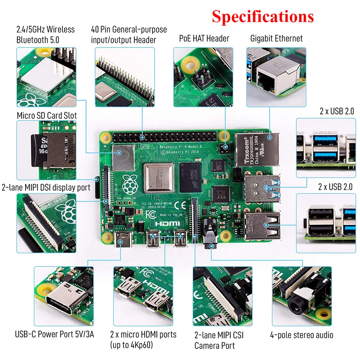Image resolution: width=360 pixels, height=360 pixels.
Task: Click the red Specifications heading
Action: (x=262, y=17)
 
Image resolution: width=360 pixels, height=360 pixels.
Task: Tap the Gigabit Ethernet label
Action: (x=276, y=39)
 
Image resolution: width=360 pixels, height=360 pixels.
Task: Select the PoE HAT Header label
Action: (x=204, y=39)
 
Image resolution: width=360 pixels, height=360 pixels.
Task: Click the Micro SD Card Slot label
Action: (x=47, y=116)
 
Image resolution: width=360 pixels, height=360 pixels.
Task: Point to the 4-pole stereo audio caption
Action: (x=302, y=335)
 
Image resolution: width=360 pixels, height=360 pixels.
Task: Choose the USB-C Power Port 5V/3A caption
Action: (x=54, y=334)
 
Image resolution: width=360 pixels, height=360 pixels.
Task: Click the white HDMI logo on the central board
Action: (x=167, y=223)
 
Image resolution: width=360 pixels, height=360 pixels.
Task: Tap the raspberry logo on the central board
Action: (x=130, y=185)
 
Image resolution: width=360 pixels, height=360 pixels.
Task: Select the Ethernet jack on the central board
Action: (x=257, y=149)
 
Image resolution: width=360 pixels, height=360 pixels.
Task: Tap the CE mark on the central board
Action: (x=180, y=206)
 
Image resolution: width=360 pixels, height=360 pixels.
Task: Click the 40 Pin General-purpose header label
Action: (x=129, y=35)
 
